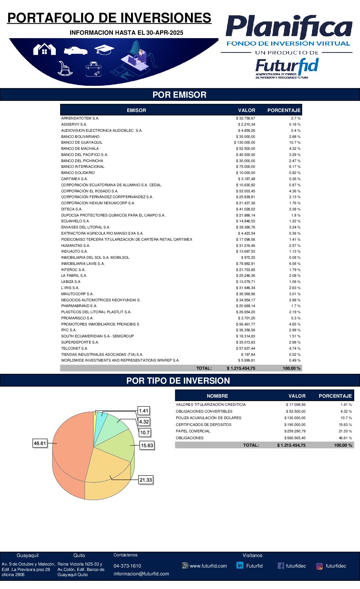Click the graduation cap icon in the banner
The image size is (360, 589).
tap(104, 50)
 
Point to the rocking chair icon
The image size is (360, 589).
tap(64, 68)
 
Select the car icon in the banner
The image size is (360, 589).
tap(76, 51)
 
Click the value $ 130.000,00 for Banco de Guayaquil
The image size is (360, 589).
tap(244, 143)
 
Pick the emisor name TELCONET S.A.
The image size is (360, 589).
tap(75, 349)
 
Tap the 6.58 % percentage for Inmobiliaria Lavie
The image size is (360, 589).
tap(295, 264)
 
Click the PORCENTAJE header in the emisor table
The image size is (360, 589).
tap(284, 110)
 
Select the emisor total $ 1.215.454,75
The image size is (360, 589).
tap(241, 368)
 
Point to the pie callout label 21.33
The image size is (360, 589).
tap(146, 480)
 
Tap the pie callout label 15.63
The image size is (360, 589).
tap(147, 445)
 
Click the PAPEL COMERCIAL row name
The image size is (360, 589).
tap(193, 431)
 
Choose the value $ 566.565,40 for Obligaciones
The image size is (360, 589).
tap(295, 438)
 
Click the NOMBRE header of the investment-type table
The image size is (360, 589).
tap(217, 396)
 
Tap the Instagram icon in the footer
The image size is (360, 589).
tap(320, 566)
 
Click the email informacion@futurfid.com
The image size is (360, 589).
tap(141, 574)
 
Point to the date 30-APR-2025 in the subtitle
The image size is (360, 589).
tap(165, 33)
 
